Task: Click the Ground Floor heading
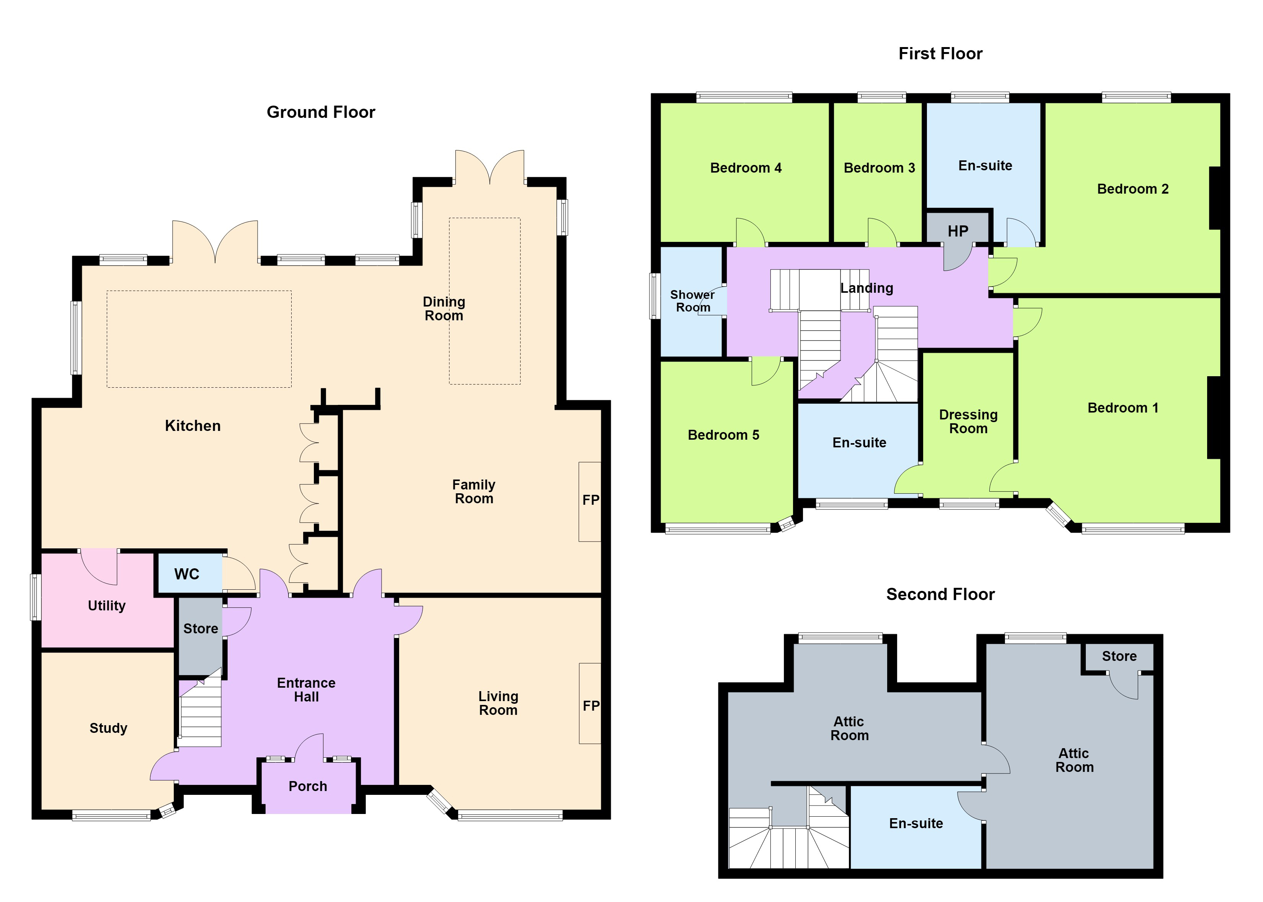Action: click(x=321, y=112)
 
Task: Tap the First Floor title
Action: click(x=940, y=53)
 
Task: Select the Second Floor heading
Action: click(x=940, y=594)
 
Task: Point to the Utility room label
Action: click(x=107, y=606)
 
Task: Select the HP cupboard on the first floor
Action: click(x=958, y=231)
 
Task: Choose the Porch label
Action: click(x=308, y=786)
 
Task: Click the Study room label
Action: click(x=108, y=728)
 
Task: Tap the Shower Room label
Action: click(x=693, y=301)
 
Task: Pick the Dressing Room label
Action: click(x=968, y=422)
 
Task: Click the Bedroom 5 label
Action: click(x=723, y=435)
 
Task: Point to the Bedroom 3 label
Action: click(x=879, y=168)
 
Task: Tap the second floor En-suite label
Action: click(x=916, y=823)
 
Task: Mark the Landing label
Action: click(x=866, y=288)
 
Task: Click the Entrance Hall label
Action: click(x=306, y=690)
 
